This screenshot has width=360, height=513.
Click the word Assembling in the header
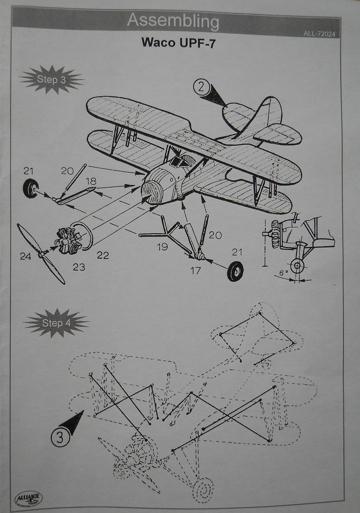[x=173, y=22]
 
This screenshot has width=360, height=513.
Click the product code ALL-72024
[x=319, y=34]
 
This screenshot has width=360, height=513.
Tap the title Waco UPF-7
[x=178, y=43]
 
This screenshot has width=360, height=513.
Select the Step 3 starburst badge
[x=51, y=79]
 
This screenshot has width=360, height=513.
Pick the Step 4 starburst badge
[x=56, y=323]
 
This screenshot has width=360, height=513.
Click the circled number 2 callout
[x=201, y=87]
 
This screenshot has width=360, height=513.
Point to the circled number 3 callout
[x=60, y=438]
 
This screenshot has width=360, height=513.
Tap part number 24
[x=26, y=256]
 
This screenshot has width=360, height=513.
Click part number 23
[x=79, y=267]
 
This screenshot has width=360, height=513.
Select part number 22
[x=103, y=255]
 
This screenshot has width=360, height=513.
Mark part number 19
[x=162, y=246]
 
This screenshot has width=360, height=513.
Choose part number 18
[x=91, y=181]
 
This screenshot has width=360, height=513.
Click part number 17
[x=195, y=271]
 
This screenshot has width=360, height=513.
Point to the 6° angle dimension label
[x=283, y=273]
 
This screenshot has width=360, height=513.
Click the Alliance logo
[x=29, y=498]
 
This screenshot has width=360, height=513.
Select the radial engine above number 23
[x=68, y=240]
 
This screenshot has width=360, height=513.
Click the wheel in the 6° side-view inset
[x=297, y=266]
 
